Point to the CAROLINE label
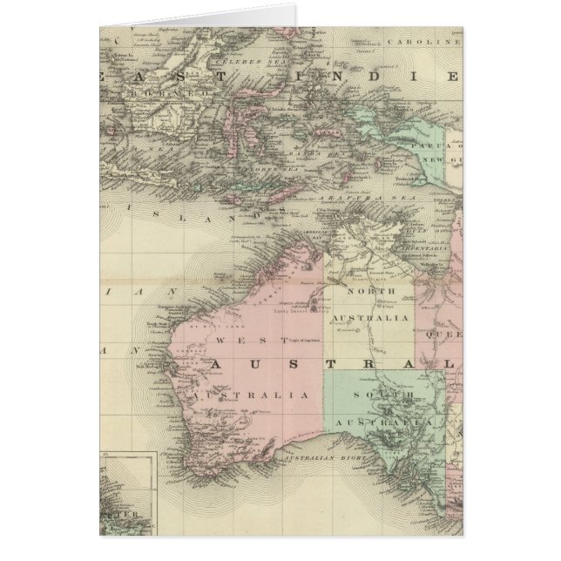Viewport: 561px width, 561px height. tap(436, 41)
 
